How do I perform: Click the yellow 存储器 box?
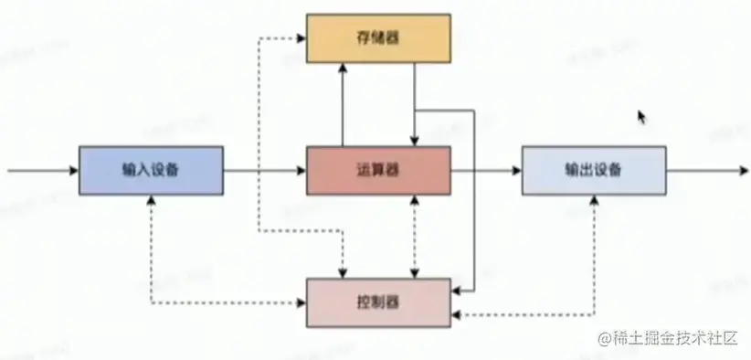coord(377,37)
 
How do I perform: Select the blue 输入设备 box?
coord(151,170)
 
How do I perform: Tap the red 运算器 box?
coord(378,170)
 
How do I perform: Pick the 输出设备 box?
coord(594,170)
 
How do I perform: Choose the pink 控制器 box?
coord(378,301)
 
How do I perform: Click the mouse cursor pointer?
coord(641,116)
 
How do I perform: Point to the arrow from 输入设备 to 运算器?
coord(265,170)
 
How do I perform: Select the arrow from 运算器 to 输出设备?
coord(486,170)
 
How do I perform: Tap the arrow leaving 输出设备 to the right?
coord(708,170)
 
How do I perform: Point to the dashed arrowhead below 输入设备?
coord(151,201)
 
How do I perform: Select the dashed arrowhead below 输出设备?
coord(594,201)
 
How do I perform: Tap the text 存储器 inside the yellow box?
coord(377,37)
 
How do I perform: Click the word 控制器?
coord(378,301)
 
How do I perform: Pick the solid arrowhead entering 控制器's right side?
coord(457,290)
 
